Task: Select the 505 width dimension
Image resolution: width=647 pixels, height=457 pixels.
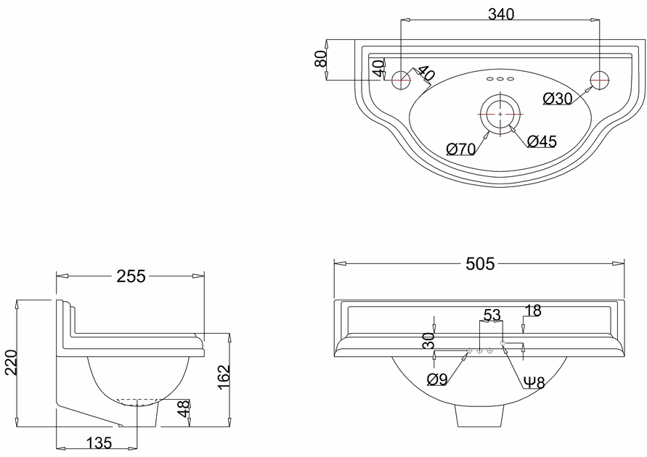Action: pos(479,264)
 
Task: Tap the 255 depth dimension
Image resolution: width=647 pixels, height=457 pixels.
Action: pos(131,276)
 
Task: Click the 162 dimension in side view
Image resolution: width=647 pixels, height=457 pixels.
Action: pos(224,378)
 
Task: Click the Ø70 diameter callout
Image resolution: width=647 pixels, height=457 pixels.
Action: pos(461,149)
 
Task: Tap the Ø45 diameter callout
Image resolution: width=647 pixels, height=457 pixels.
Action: pos(542,141)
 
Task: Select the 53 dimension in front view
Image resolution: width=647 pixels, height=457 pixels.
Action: pos(492,315)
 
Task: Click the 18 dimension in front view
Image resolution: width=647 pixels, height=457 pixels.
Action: pos(533,310)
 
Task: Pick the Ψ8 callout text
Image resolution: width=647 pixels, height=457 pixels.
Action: pos(535,382)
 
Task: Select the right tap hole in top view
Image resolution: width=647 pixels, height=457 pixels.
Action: pos(599,80)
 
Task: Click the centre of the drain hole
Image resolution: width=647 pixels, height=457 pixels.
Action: pos(500,114)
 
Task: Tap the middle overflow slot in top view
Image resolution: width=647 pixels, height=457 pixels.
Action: pos(500,78)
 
